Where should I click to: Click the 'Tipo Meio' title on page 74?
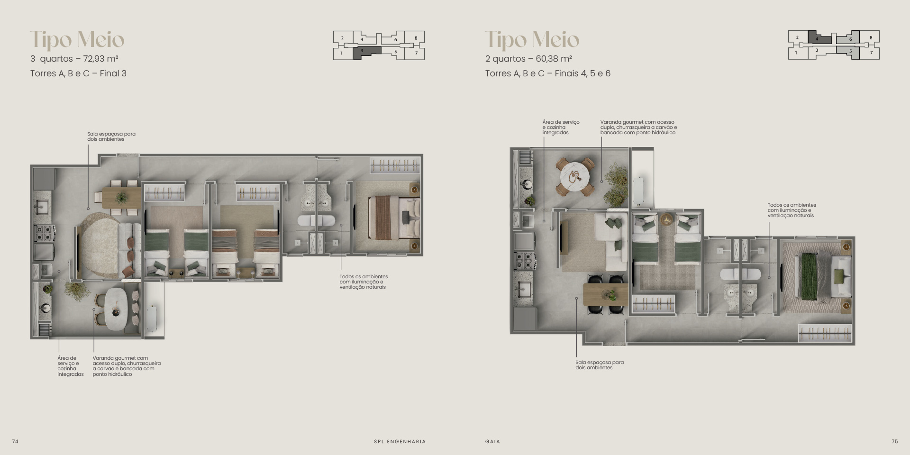[x=77, y=40]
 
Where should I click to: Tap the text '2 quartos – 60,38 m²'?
[x=528, y=59]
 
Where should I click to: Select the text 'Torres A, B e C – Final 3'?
[x=78, y=73]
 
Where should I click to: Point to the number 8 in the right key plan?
[x=871, y=38]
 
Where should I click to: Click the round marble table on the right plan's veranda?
[x=574, y=177]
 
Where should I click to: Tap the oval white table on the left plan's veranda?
[x=117, y=309]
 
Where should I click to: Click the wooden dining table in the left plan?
[x=121, y=198]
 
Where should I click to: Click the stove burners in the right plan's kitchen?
[x=524, y=260]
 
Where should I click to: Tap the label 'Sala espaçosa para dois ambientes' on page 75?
[x=600, y=365]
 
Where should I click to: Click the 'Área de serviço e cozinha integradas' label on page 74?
[x=71, y=366]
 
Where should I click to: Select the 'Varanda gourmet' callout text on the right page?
[x=638, y=127]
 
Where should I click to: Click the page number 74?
[x=15, y=441]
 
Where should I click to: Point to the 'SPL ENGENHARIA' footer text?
[x=400, y=441]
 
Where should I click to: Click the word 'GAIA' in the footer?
[x=492, y=441]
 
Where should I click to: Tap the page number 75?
[x=894, y=441]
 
